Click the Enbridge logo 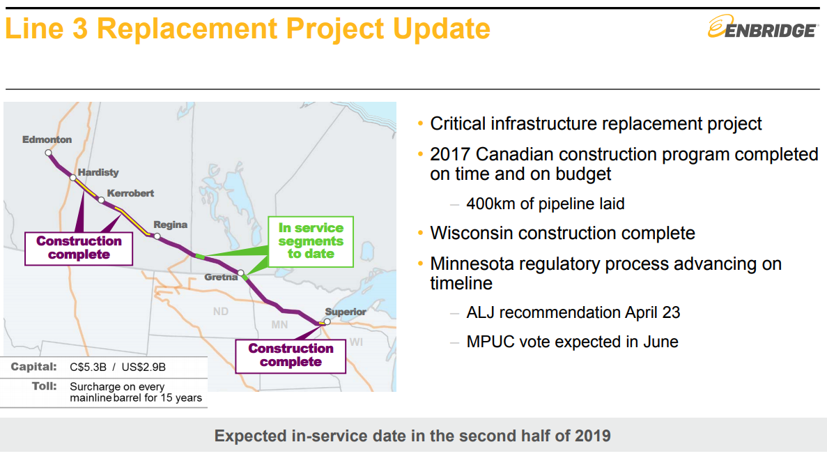tap(763, 26)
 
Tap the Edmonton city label tap(47, 139)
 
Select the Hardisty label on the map tap(98, 173)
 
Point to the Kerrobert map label tap(130, 193)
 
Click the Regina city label tap(171, 225)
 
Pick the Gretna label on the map tap(221, 277)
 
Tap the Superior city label tap(346, 312)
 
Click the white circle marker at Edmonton tap(49, 153)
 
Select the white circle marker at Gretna tap(241, 273)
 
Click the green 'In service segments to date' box tap(311, 241)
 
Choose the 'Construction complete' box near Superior tap(291, 356)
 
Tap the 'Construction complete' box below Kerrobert tap(79, 248)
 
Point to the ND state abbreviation tap(220, 312)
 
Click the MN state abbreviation tap(279, 325)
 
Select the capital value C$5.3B tap(88, 367)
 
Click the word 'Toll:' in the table tap(45, 386)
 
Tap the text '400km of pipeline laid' tap(546, 204)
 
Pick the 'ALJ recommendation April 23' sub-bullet tap(573, 312)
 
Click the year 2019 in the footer tap(593, 436)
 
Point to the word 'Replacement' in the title tap(187, 29)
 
